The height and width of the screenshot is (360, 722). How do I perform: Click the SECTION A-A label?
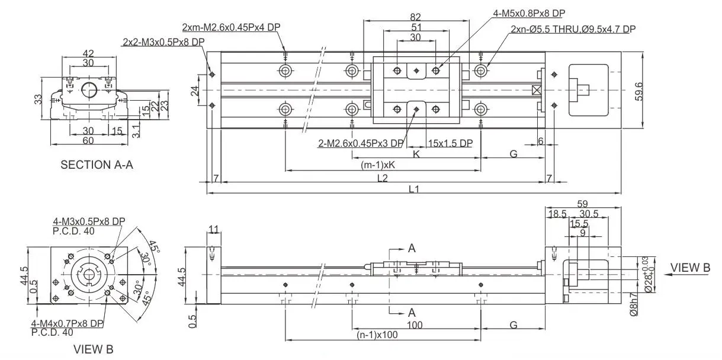pos(97,165)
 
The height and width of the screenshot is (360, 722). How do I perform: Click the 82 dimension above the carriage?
pos(416,18)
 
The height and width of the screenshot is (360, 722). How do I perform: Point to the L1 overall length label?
pos(413,189)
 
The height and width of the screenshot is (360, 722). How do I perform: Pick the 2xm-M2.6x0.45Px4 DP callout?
pos(230,27)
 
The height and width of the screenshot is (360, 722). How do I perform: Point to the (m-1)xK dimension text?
pos(377,165)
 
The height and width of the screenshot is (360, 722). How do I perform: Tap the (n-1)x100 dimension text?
pos(377,335)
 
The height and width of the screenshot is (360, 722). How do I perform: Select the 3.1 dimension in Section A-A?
pos(136,130)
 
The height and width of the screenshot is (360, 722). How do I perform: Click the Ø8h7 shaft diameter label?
pos(634,306)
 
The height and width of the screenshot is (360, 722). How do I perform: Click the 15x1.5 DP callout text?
pos(450,143)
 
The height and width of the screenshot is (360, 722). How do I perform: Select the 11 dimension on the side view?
pos(214,229)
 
